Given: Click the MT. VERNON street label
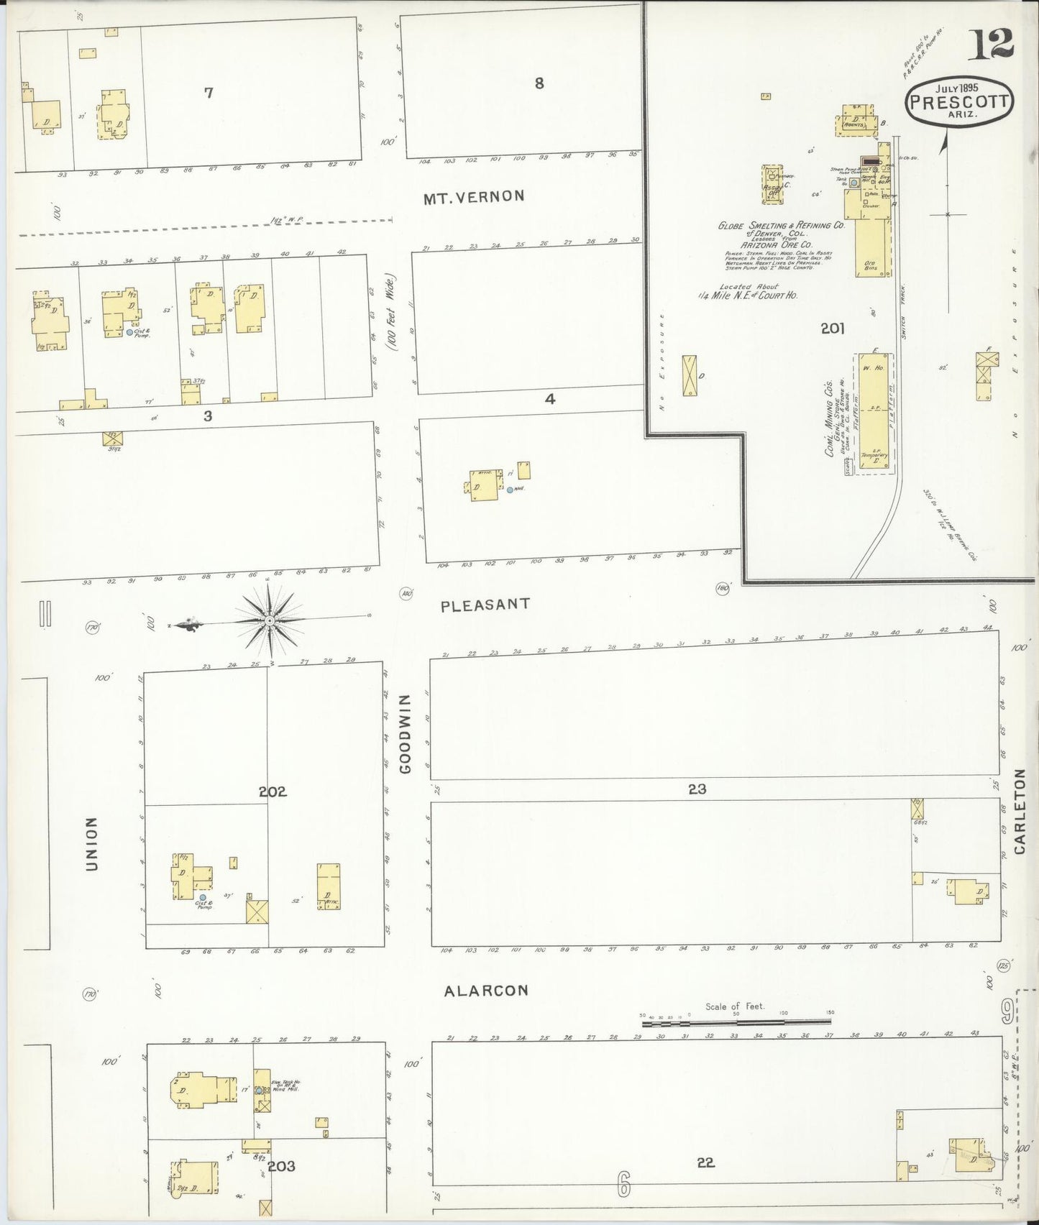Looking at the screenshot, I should click(x=474, y=197).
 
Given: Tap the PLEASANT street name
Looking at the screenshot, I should click(x=485, y=605).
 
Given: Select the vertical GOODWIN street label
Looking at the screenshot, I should click(x=406, y=734).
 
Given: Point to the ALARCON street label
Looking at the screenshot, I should click(x=486, y=991).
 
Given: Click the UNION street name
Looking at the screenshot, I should click(x=91, y=844).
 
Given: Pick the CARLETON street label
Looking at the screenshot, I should click(x=1020, y=812).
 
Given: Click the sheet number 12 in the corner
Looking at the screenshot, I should click(x=990, y=45).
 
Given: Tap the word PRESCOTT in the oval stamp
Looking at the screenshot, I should click(x=959, y=101).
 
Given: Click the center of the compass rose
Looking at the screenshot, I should click(x=269, y=620).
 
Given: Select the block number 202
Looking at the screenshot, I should click(x=273, y=792).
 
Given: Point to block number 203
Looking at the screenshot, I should click(x=281, y=1165).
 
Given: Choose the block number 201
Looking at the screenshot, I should click(x=832, y=329).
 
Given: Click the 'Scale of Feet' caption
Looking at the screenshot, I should click(x=735, y=1006).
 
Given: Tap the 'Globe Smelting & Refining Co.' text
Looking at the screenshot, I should click(x=782, y=226).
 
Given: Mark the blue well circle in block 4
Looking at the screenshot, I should click(x=510, y=490).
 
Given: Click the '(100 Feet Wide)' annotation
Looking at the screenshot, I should click(x=391, y=313).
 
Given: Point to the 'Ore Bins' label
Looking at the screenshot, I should click(x=870, y=266).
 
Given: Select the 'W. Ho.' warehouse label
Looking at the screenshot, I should click(x=873, y=368).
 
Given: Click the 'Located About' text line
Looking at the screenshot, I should click(x=749, y=286).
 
